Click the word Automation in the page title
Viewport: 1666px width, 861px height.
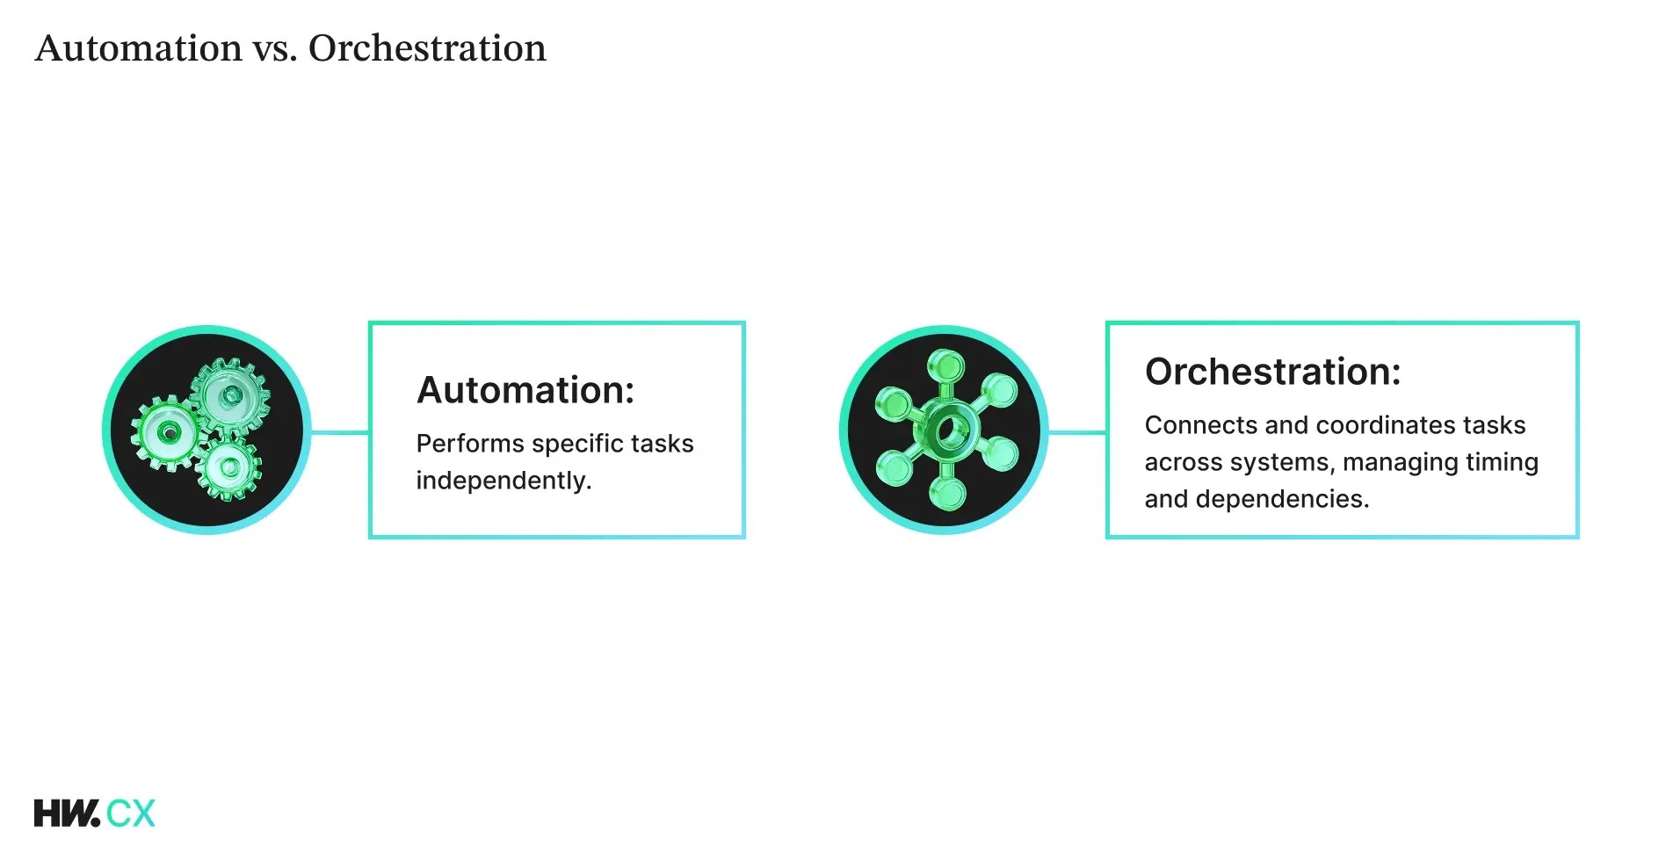(x=138, y=48)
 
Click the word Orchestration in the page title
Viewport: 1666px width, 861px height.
(x=427, y=48)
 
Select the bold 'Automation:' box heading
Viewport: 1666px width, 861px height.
(x=525, y=390)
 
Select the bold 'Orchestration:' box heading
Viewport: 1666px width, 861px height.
(x=1272, y=372)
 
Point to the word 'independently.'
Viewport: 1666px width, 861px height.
(x=503, y=481)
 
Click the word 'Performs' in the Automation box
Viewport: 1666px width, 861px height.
(x=458, y=444)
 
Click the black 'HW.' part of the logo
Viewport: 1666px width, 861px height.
(x=67, y=814)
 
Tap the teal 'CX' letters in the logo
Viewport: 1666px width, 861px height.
(x=131, y=814)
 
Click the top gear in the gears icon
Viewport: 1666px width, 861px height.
(x=230, y=395)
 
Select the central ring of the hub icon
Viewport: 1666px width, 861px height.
(x=947, y=430)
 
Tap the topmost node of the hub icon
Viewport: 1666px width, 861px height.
(x=945, y=363)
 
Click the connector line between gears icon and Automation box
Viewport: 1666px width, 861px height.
(x=340, y=432)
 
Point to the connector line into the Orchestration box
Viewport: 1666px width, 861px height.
(x=1077, y=432)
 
